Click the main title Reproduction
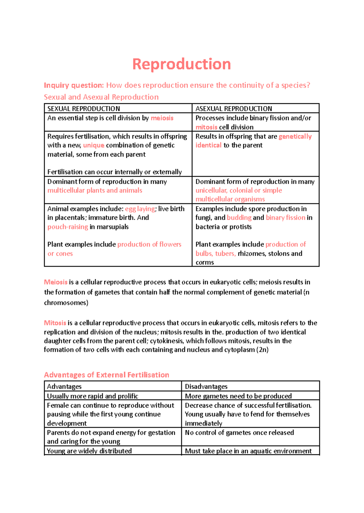click(x=181, y=64)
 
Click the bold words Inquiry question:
click(x=74, y=85)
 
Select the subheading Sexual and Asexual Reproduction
click(x=101, y=97)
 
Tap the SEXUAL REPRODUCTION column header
click(x=84, y=109)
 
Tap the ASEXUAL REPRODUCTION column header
click(x=234, y=109)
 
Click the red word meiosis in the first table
click(x=162, y=118)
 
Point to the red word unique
click(x=93, y=145)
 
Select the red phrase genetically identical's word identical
click(x=208, y=145)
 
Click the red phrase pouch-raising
click(x=68, y=227)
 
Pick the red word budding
click(x=239, y=218)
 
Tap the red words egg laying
click(x=140, y=209)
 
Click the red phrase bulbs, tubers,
click(x=215, y=253)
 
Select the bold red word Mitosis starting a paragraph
click(x=55, y=323)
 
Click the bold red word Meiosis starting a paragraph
click(x=56, y=282)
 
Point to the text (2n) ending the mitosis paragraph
click(x=262, y=350)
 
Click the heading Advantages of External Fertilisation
click(x=106, y=375)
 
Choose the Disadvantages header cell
click(x=206, y=386)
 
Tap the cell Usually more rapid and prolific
click(x=93, y=396)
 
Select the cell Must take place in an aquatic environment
click(x=248, y=451)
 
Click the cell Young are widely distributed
click(x=89, y=451)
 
